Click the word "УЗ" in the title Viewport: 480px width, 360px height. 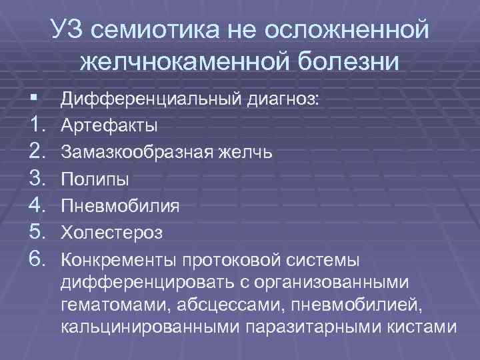point(68,30)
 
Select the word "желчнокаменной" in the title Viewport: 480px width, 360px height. point(183,62)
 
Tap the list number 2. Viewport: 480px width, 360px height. point(30,152)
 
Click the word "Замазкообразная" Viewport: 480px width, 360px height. point(137,152)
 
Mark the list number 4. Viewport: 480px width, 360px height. point(30,205)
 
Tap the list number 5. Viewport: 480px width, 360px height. point(30,232)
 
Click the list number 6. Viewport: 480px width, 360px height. point(30,259)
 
